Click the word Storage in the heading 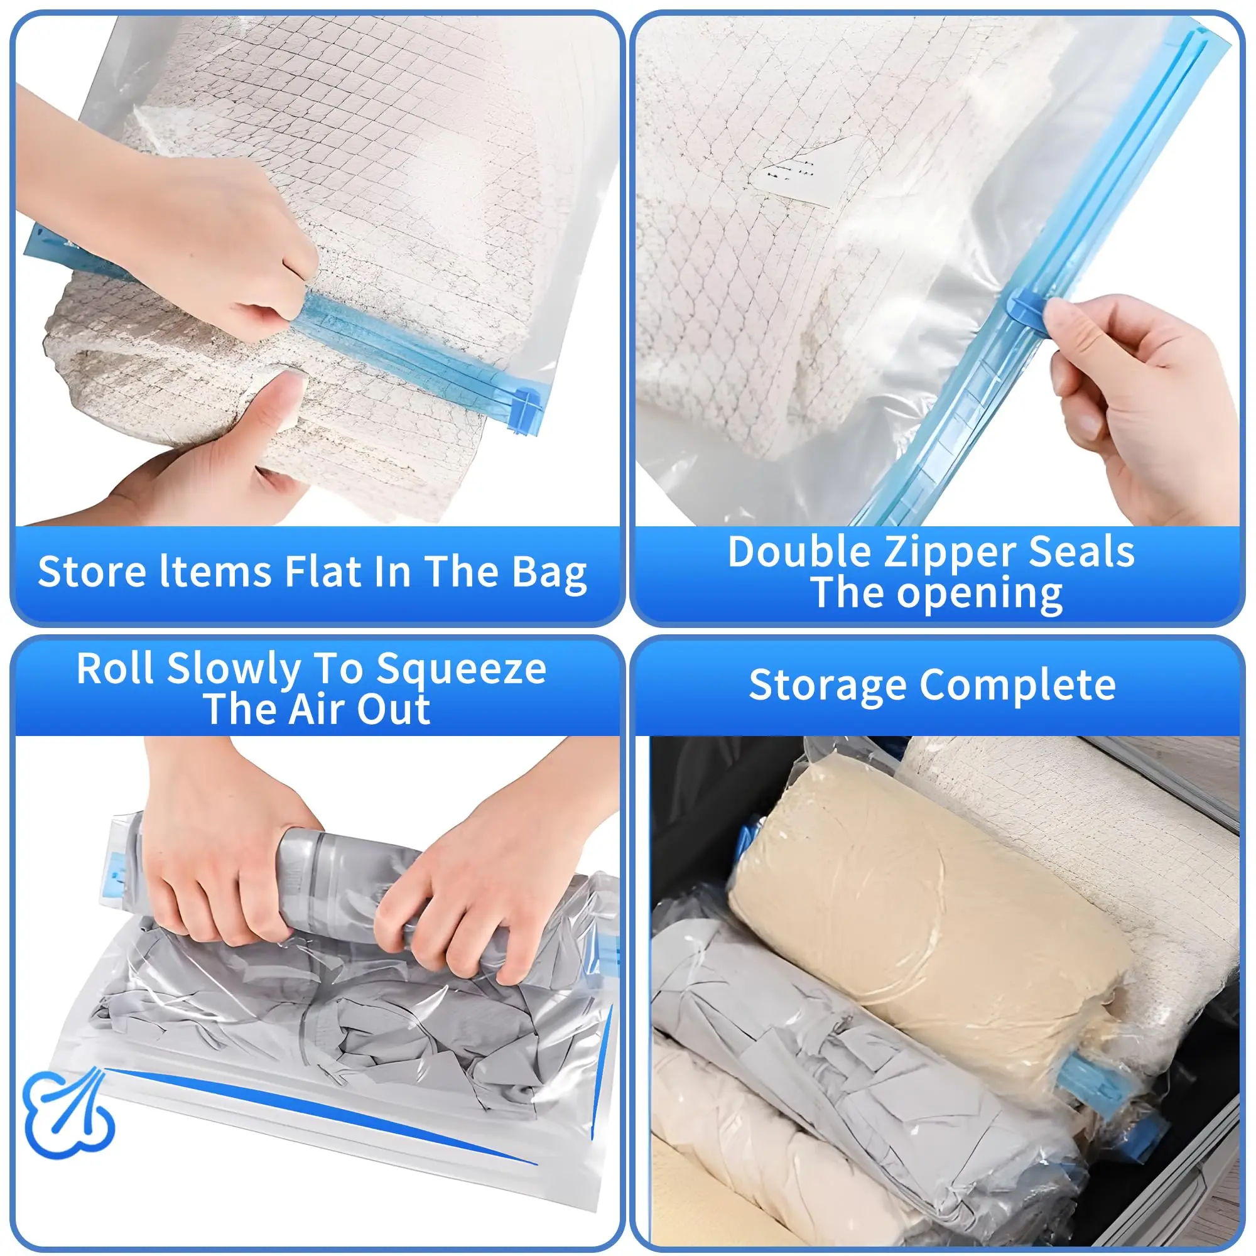827,685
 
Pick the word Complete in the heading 1017,685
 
